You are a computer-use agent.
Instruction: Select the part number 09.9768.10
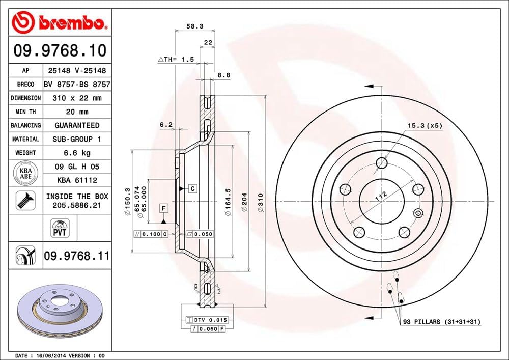[60, 51]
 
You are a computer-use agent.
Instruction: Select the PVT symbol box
[61, 227]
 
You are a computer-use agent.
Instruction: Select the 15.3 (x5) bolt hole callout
[423, 125]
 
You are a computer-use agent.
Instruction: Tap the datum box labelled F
[164, 208]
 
